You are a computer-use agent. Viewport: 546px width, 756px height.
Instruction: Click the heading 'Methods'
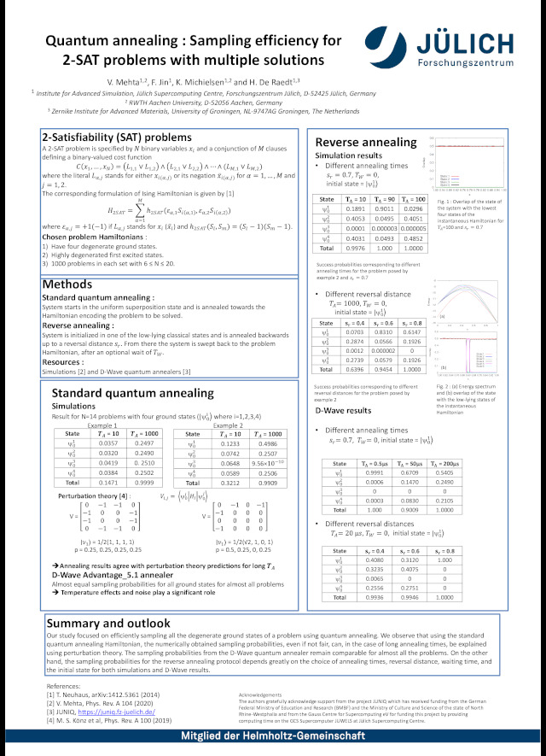coord(67,284)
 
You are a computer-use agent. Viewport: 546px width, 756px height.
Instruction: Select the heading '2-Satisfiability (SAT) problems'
coord(117,138)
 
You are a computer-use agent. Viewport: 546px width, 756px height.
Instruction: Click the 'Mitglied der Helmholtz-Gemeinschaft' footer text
coord(272,737)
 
